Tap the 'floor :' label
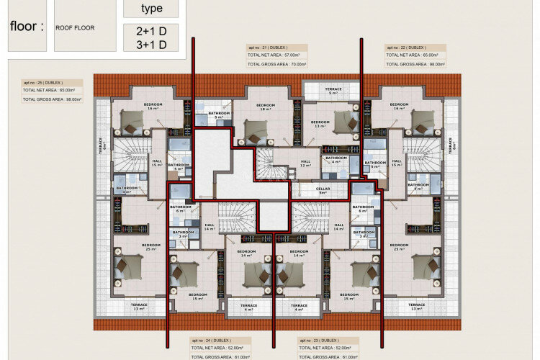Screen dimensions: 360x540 [27, 27]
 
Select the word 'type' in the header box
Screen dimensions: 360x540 [152, 9]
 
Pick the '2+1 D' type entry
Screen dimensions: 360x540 [151, 31]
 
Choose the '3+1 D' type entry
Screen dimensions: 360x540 [151, 45]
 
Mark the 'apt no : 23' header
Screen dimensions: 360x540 [320, 339]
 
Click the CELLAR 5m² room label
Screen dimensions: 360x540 [323, 190]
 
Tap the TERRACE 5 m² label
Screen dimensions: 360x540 [333, 91]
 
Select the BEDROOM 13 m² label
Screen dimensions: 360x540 [320, 124]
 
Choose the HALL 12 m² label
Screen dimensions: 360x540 [305, 163]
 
